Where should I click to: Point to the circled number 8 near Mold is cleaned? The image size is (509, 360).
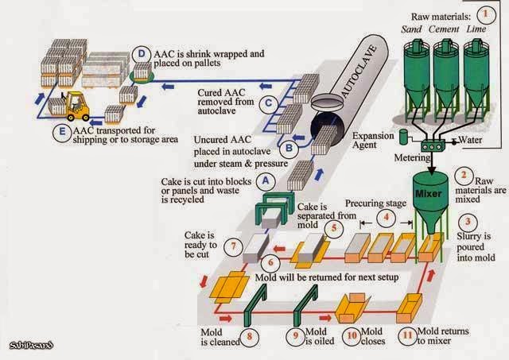(x=253, y=336)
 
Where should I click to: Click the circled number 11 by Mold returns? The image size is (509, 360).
(x=408, y=335)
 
